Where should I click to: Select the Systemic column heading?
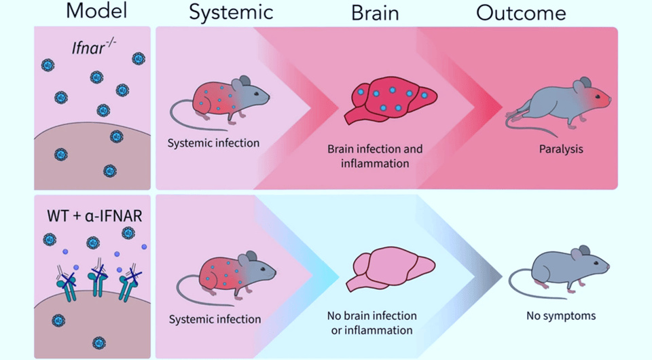tap(231, 12)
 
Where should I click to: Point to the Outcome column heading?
tap(521, 12)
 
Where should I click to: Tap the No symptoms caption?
tap(561, 316)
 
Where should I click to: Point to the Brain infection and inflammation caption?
tap(375, 156)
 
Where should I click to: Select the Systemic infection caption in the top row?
tap(214, 143)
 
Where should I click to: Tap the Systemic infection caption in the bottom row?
tap(215, 319)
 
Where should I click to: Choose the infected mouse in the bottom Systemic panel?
tap(231, 272)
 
